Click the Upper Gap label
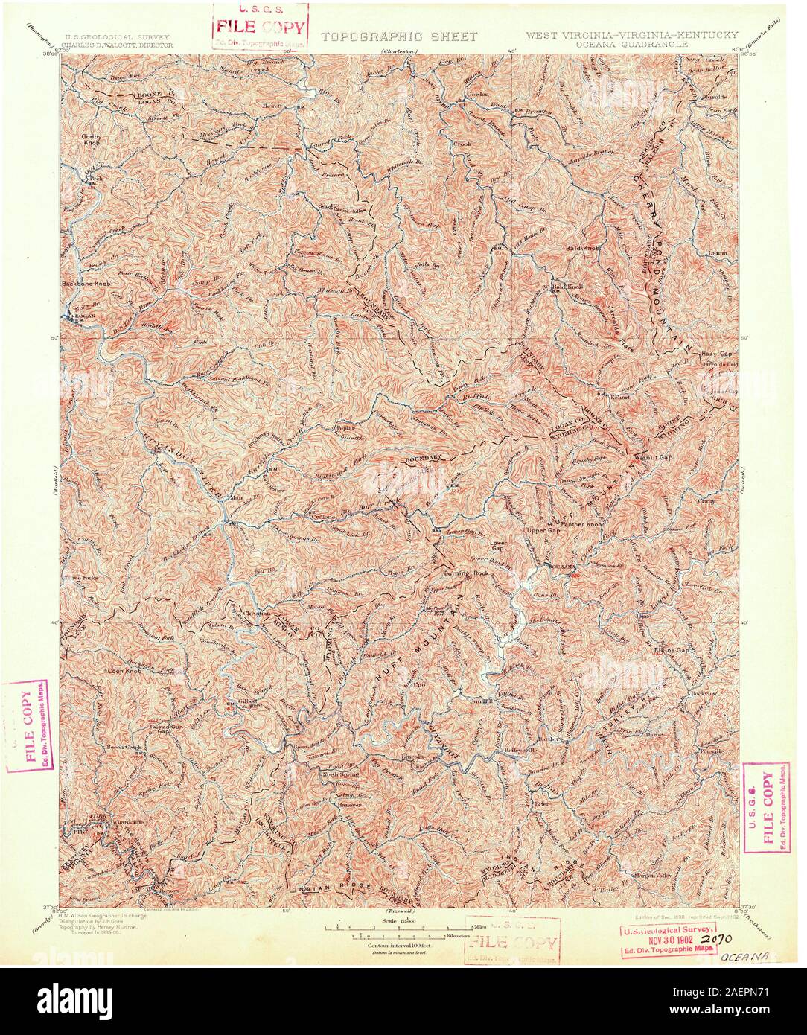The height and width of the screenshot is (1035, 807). (543, 530)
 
